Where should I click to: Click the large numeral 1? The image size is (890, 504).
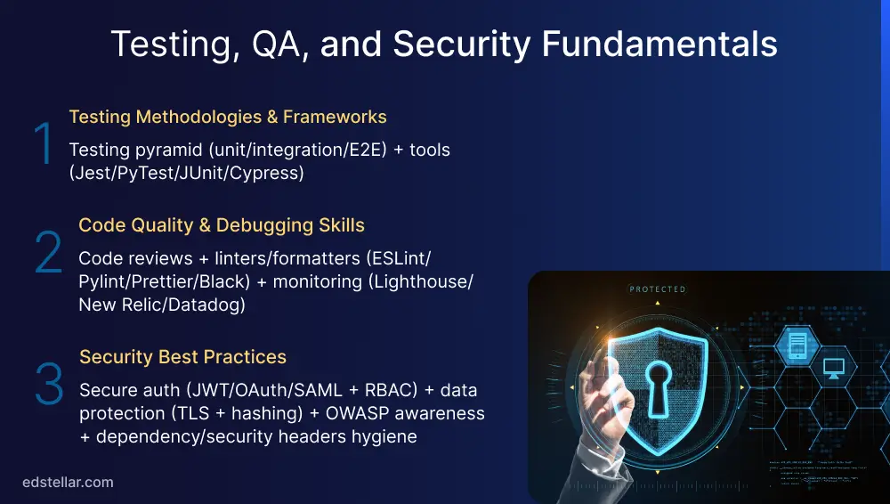[43, 144]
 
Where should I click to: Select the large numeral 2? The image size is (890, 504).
[48, 253]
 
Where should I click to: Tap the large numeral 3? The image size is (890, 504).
[49, 384]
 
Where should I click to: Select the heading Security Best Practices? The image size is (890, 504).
[182, 357]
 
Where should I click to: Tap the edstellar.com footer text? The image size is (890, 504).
[68, 483]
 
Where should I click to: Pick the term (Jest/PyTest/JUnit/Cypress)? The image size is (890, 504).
[186, 173]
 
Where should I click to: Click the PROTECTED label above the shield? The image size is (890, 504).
[658, 289]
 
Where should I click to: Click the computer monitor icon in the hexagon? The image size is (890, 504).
[834, 367]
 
